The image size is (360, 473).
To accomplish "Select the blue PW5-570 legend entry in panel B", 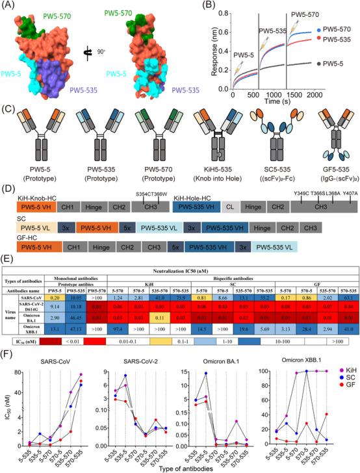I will coord(337,30).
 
